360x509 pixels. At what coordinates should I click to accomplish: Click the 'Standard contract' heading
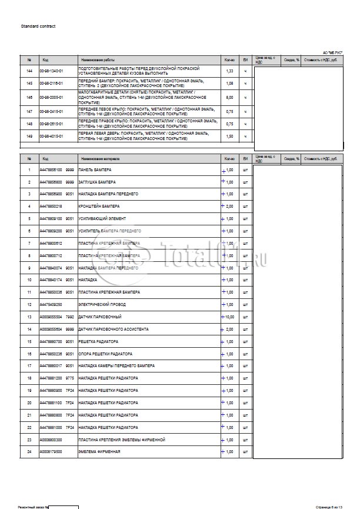pyautogui.click(x=38, y=26)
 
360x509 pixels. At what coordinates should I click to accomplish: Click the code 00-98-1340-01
pyautogui.click(x=51, y=71)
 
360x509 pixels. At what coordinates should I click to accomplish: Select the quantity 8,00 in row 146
pyautogui.click(x=230, y=97)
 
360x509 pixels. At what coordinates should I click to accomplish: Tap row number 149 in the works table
pyautogui.click(x=29, y=136)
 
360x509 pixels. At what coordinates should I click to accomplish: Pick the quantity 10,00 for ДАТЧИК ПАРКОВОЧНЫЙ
pyautogui.click(x=229, y=317)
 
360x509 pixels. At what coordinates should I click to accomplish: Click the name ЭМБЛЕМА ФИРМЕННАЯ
pyautogui.click(x=99, y=451)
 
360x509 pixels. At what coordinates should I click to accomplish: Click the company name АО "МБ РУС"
pyautogui.click(x=333, y=52)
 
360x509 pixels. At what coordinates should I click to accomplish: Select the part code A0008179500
pyautogui.click(x=51, y=451)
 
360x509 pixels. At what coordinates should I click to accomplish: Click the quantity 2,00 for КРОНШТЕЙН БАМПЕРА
pyautogui.click(x=230, y=207)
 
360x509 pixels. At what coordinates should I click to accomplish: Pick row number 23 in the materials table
pyautogui.click(x=29, y=439)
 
